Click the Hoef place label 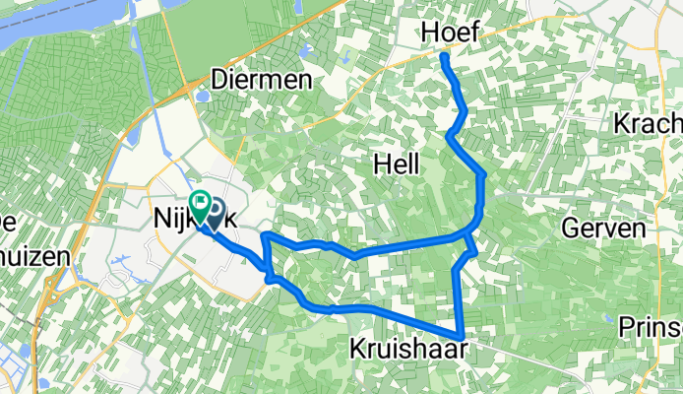click(x=451, y=33)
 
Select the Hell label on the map click(x=398, y=167)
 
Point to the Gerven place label click(x=603, y=228)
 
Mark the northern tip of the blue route click(x=444, y=56)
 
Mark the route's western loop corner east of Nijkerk click(x=264, y=235)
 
